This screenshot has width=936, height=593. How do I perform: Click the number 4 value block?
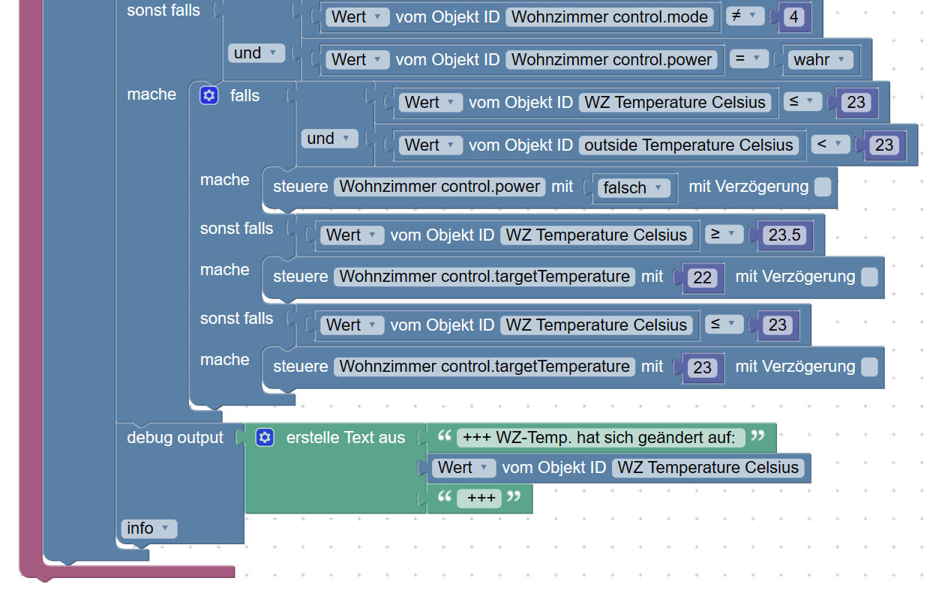[x=794, y=16]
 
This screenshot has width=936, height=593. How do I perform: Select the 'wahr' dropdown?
[x=820, y=59]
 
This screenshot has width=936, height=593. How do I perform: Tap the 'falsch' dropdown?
[x=634, y=187]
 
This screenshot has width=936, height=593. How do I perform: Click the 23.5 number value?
[x=784, y=235]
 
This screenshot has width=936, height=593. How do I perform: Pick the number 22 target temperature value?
[x=702, y=277]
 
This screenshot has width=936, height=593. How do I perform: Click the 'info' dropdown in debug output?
[x=148, y=529]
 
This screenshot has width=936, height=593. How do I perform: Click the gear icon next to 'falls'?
[x=209, y=95]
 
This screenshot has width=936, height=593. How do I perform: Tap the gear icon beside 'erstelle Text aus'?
[x=265, y=437]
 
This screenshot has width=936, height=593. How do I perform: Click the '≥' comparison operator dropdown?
[x=724, y=235]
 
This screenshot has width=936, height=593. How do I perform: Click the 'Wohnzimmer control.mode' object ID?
[x=609, y=16]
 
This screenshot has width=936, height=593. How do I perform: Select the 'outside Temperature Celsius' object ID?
[x=688, y=145]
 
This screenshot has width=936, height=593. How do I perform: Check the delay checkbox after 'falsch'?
[x=823, y=187]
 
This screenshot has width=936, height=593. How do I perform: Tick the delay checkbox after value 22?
[x=869, y=277]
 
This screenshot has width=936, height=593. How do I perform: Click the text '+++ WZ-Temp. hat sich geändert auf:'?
[x=600, y=438]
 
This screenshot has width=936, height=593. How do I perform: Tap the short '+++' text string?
[x=478, y=498]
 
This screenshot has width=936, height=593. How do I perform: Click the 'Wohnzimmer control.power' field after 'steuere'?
[x=440, y=187]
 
